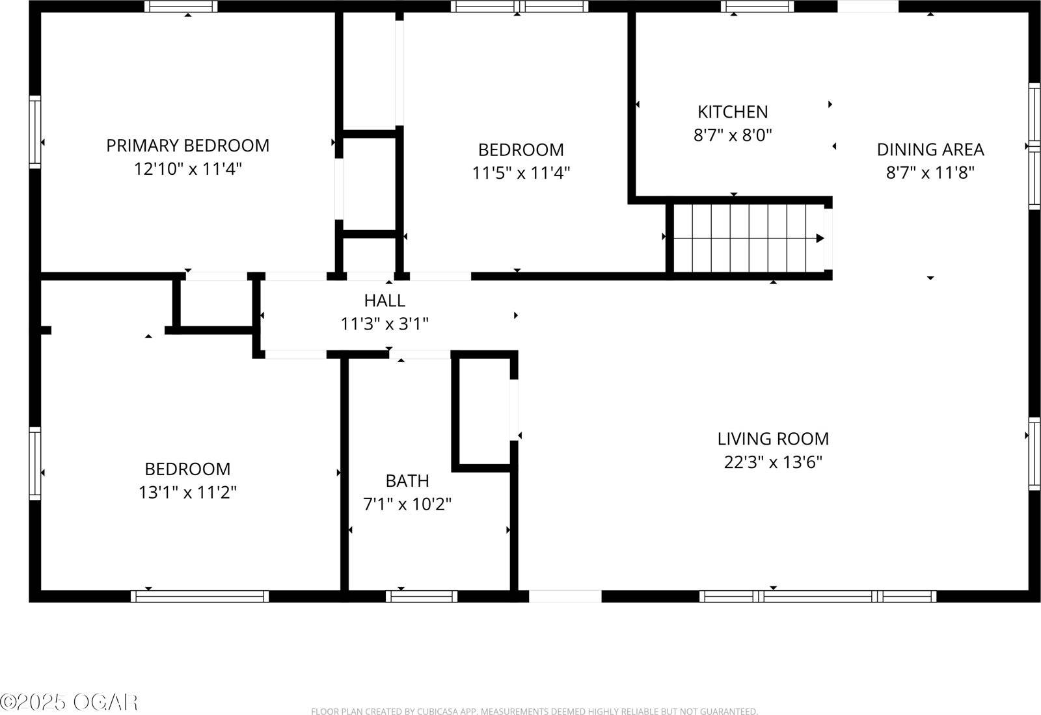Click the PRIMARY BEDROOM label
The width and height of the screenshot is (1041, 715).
click(x=187, y=146)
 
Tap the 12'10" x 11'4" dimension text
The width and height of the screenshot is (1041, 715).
click(x=187, y=170)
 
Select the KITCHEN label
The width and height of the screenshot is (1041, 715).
click(x=733, y=112)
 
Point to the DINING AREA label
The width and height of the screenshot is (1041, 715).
click(x=930, y=149)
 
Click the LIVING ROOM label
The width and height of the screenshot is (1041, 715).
click(x=773, y=439)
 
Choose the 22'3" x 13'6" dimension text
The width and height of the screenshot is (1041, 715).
click(x=773, y=463)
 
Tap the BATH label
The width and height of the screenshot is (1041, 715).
click(x=407, y=481)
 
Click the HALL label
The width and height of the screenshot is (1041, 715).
click(x=385, y=300)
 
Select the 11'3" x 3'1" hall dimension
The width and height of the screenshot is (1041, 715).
click(x=385, y=324)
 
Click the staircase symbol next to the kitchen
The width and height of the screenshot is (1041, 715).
click(x=748, y=239)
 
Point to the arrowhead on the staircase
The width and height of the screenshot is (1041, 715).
click(x=820, y=239)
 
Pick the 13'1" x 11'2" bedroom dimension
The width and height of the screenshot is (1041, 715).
click(x=187, y=493)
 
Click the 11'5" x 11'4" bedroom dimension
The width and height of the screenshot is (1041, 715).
click(x=521, y=174)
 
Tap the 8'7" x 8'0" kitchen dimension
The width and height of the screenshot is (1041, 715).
click(x=733, y=136)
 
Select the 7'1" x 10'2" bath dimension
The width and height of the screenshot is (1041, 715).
click(x=407, y=504)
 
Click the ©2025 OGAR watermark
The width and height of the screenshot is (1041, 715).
click(x=69, y=702)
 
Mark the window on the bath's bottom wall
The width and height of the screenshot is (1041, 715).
click(x=422, y=596)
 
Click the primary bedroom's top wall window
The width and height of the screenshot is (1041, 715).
click(x=181, y=6)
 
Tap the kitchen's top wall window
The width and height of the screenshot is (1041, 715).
click(x=757, y=6)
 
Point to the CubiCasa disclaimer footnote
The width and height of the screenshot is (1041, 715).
click(x=534, y=712)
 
